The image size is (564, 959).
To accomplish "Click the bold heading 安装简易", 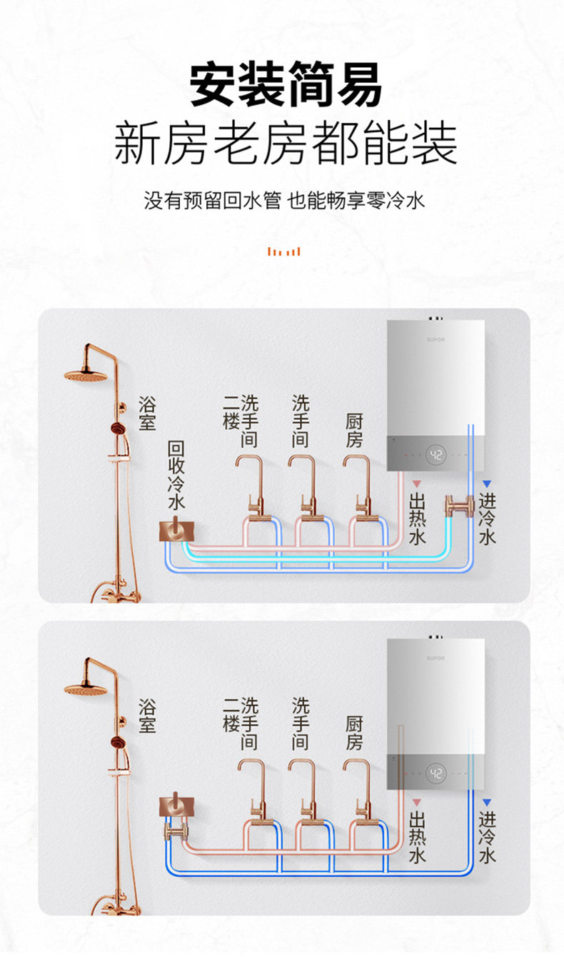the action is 286,86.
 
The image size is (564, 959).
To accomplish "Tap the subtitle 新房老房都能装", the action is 286,143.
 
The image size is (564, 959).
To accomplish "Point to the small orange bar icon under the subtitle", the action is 283,251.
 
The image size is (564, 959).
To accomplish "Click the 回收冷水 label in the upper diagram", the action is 176,475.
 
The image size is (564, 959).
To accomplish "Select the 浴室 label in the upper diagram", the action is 147,413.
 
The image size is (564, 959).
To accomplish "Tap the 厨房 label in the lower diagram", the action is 354,733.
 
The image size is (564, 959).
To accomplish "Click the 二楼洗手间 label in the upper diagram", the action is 241,421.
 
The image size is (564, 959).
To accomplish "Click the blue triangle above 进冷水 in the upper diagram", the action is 487,483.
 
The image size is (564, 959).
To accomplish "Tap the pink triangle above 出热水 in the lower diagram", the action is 417,803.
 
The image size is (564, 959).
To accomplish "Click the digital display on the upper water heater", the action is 437,454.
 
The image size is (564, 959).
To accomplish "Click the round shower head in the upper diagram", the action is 85,375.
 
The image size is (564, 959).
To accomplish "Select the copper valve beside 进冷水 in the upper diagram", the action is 459,506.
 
